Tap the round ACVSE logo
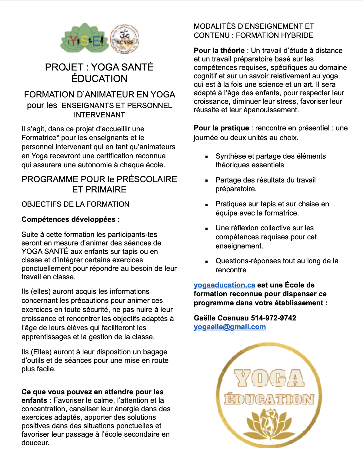(125, 39)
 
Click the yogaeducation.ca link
(224, 285)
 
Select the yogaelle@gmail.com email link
(230, 327)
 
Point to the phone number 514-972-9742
(274, 318)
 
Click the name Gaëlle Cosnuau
(221, 318)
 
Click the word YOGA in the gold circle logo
(269, 378)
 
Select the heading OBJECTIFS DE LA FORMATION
(75, 204)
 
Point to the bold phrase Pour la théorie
(219, 51)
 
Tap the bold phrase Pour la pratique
(221, 128)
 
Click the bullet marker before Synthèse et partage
(207, 157)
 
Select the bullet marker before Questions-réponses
(207, 261)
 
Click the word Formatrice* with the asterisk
(40, 138)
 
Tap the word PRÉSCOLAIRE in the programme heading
(147, 179)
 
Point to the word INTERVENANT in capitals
(99, 115)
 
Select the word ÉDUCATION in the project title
(99, 79)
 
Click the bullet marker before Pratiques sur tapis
(207, 205)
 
